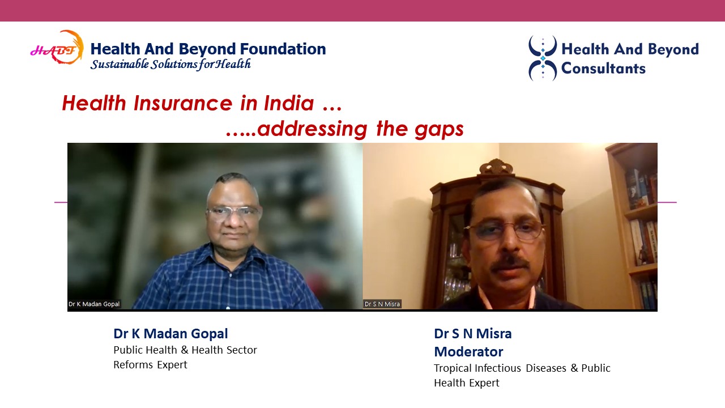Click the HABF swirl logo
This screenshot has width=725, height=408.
[57, 48]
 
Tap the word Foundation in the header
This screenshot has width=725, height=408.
[283, 49]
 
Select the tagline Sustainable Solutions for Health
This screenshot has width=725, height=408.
[170, 64]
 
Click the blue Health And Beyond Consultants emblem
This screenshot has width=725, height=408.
[543, 58]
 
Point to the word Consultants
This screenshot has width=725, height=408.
[603, 69]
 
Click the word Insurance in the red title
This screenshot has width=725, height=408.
[183, 103]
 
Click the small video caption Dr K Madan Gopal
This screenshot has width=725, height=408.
[94, 304]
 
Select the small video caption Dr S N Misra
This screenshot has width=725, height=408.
[382, 304]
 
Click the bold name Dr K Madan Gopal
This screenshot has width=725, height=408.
[170, 334]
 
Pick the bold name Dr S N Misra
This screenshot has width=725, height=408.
[473, 334]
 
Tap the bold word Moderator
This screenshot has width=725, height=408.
[468, 352]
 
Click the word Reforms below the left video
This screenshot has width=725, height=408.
[133, 364]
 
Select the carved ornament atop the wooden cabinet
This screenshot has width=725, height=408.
[496, 167]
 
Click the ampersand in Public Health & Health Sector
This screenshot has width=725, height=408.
[184, 350]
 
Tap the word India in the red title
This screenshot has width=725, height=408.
[289, 103]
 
